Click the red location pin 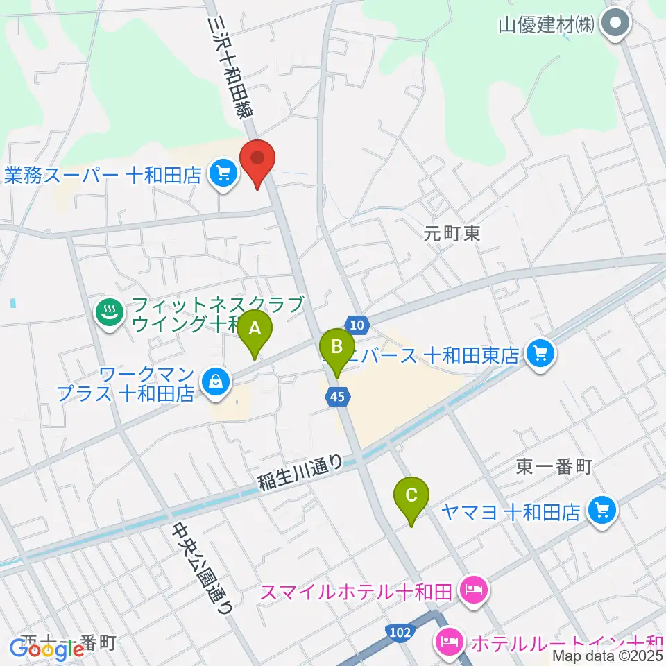(x=257, y=160)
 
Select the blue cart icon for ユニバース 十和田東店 (x=539, y=355)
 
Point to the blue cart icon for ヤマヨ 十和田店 (x=601, y=512)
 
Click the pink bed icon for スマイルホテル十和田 (x=474, y=592)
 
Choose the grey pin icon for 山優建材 (x=615, y=25)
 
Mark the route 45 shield (x=337, y=396)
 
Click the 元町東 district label (x=452, y=233)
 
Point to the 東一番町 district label (x=554, y=467)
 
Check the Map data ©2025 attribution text (x=608, y=655)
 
